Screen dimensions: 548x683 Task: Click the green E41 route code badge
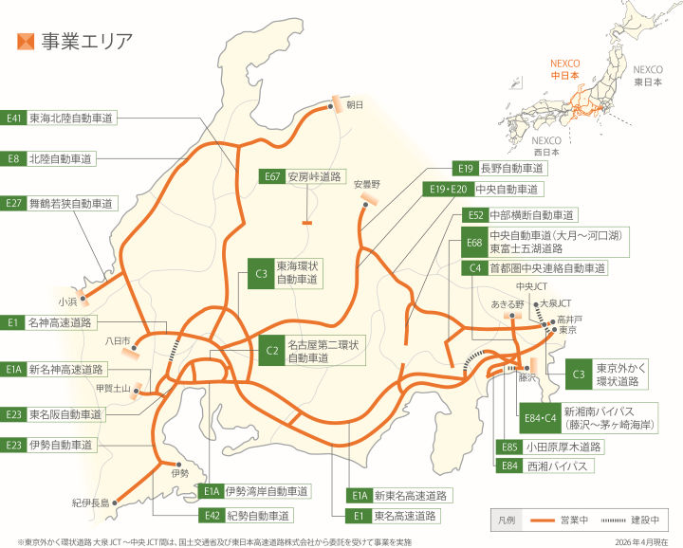13,119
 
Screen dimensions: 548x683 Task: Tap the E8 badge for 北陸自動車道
13,159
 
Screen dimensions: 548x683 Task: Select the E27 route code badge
13,203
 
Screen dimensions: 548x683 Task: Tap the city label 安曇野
366,183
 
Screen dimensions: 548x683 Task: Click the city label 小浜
66,301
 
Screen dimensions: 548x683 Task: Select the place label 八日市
118,339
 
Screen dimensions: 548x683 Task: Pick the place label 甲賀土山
112,387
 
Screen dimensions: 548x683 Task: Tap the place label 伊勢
180,471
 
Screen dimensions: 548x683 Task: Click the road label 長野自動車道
511,169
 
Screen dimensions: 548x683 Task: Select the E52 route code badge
475,215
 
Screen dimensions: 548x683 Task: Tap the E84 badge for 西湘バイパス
509,466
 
